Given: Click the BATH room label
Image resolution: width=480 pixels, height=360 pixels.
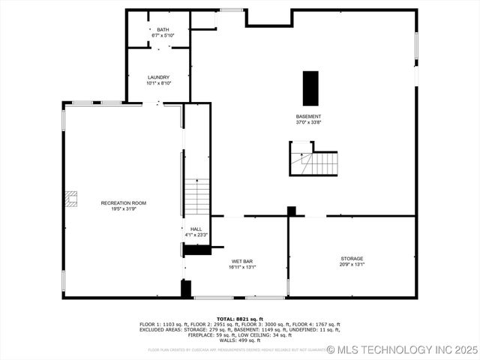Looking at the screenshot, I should (163, 29).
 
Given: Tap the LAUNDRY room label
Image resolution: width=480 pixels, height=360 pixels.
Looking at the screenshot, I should (158, 77).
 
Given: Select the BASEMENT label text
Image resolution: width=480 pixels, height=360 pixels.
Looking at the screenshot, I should (308, 116).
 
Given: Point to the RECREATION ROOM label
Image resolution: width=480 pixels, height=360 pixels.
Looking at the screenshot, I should (124, 203).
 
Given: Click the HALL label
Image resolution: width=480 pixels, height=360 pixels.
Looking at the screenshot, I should (196, 229).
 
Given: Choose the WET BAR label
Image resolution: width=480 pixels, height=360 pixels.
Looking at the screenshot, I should (242, 261).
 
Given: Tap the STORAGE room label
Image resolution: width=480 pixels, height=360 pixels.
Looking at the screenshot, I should (352, 258).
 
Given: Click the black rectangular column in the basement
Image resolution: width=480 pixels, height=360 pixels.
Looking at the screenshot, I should (310, 88).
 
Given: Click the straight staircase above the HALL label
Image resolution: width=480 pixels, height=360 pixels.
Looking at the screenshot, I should (196, 196).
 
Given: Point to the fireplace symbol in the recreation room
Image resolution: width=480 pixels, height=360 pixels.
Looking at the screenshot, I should (70, 198).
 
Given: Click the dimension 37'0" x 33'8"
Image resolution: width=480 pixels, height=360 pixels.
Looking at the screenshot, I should (308, 122).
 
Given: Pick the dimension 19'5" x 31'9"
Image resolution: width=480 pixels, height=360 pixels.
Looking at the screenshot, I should (124, 209).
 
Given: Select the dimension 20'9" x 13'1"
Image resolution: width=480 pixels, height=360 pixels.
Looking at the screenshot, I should (352, 264).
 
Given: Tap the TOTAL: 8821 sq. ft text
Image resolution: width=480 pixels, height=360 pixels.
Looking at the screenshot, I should (240, 319).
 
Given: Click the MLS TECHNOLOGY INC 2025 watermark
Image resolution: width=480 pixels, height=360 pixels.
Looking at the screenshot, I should (402, 349).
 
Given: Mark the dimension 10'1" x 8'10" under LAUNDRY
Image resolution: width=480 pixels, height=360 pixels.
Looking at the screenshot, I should (158, 83).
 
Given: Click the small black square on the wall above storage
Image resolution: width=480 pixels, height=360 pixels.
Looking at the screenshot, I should (292, 211).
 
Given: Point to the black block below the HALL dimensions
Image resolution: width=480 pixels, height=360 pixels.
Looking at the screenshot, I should (196, 250).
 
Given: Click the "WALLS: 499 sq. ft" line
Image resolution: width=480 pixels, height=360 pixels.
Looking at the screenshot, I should (240, 340).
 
